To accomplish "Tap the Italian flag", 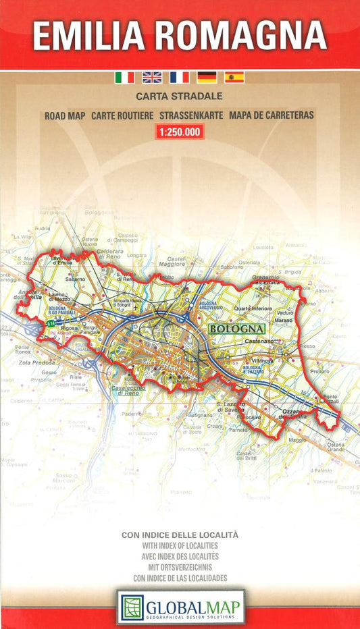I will [x=124, y=78].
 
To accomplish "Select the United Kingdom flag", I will [x=152, y=78].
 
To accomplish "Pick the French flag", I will [x=179, y=78].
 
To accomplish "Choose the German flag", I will [x=207, y=78].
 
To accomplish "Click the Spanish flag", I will [x=234, y=78].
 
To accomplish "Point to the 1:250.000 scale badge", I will [x=179, y=132].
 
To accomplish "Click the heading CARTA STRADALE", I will [x=179, y=97].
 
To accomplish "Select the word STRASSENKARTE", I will [x=191, y=115].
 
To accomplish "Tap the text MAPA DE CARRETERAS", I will [x=272, y=115].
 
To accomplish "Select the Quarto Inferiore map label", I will [x=253, y=308].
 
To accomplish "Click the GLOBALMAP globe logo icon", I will [x=132, y=607].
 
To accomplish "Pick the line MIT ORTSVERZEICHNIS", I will [x=180, y=567].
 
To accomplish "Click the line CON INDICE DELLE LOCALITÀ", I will [x=180, y=535].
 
